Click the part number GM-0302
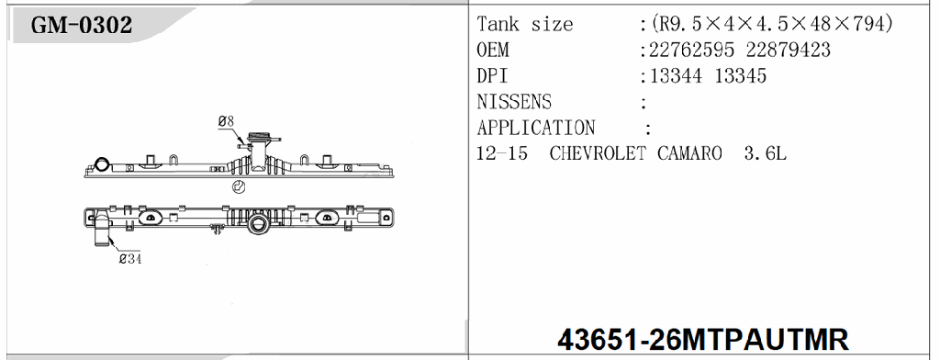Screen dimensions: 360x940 [x=82, y=26]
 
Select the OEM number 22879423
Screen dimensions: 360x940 [x=791, y=51]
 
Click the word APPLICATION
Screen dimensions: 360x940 [x=536, y=128]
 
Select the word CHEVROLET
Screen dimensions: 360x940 [x=599, y=153]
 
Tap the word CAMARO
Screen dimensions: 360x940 [x=689, y=153]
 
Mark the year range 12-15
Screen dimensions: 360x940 [x=502, y=153]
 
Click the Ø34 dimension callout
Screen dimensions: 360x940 [x=129, y=259]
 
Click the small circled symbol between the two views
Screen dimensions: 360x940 [x=238, y=186]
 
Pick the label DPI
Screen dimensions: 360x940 [x=493, y=76]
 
